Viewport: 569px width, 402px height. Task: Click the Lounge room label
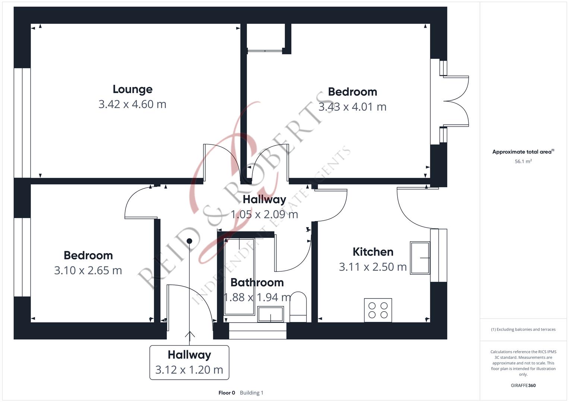pos(133,89)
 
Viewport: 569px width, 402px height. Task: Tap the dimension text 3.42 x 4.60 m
pos(132,104)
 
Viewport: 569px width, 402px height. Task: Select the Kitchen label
pos(373,252)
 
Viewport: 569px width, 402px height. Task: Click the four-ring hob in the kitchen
pos(378,310)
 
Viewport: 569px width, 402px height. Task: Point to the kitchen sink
pos(420,258)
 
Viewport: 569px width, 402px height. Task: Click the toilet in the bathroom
pos(298,307)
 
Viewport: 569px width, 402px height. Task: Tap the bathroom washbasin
pos(271,314)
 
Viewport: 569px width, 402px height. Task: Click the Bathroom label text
pos(257,283)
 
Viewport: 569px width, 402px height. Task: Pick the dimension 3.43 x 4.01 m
pos(353,107)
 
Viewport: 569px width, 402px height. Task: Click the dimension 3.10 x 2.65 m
pos(88,270)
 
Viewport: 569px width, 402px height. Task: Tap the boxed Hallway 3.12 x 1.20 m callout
pos(189,363)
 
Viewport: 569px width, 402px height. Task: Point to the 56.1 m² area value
pos(523,161)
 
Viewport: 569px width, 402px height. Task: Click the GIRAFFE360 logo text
pos(523,385)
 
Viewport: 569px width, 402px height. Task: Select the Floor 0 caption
pos(227,393)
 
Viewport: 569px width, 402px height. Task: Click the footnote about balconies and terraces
pos(523,329)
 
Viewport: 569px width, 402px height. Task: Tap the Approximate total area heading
pos(523,152)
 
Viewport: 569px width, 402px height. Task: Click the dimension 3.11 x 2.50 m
pos(373,267)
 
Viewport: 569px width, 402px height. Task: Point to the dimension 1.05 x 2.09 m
pos(264,214)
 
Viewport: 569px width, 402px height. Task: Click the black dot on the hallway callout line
pos(189,241)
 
